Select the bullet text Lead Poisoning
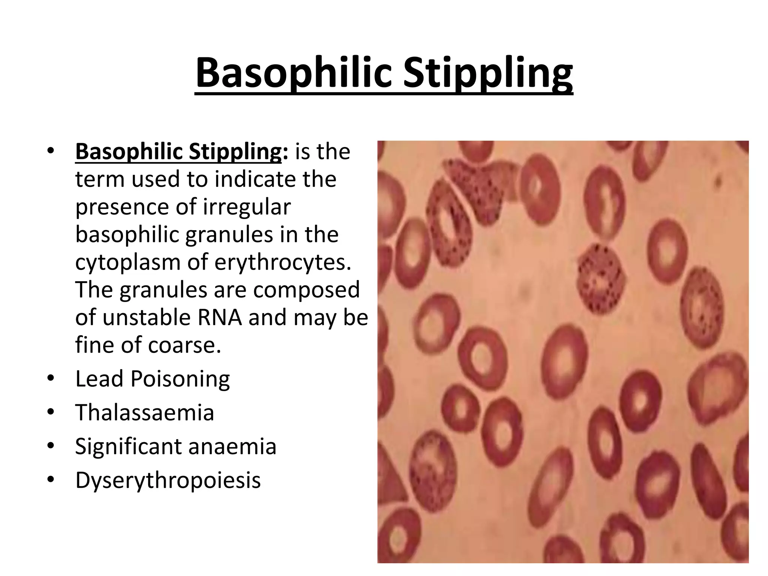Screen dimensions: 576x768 click(152, 379)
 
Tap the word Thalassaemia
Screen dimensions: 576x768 click(144, 412)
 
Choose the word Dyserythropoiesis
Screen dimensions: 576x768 click(168, 480)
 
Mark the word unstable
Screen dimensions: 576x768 click(146, 318)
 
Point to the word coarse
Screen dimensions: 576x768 click(184, 345)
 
